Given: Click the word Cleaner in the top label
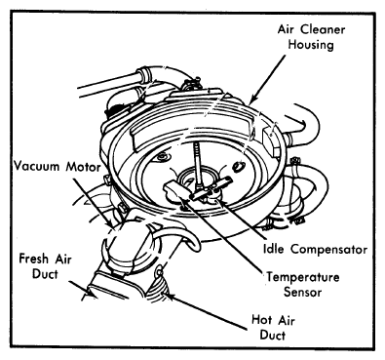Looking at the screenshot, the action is (x=323, y=29).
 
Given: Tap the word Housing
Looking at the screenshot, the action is (x=311, y=45).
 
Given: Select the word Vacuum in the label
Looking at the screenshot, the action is (x=37, y=167).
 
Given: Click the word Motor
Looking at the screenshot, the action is (x=83, y=167).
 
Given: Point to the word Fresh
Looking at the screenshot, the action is (x=33, y=259).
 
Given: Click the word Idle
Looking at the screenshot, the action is (x=273, y=249).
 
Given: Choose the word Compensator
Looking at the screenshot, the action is (x=328, y=250).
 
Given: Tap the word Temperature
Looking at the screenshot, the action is (x=303, y=277).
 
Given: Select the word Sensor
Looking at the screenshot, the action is (x=302, y=292).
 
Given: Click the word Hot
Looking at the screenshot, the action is (x=262, y=320).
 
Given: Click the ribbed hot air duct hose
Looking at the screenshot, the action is (x=158, y=291).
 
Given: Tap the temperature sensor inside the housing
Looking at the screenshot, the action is (x=174, y=192).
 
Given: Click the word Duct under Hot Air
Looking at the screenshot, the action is (x=273, y=335).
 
